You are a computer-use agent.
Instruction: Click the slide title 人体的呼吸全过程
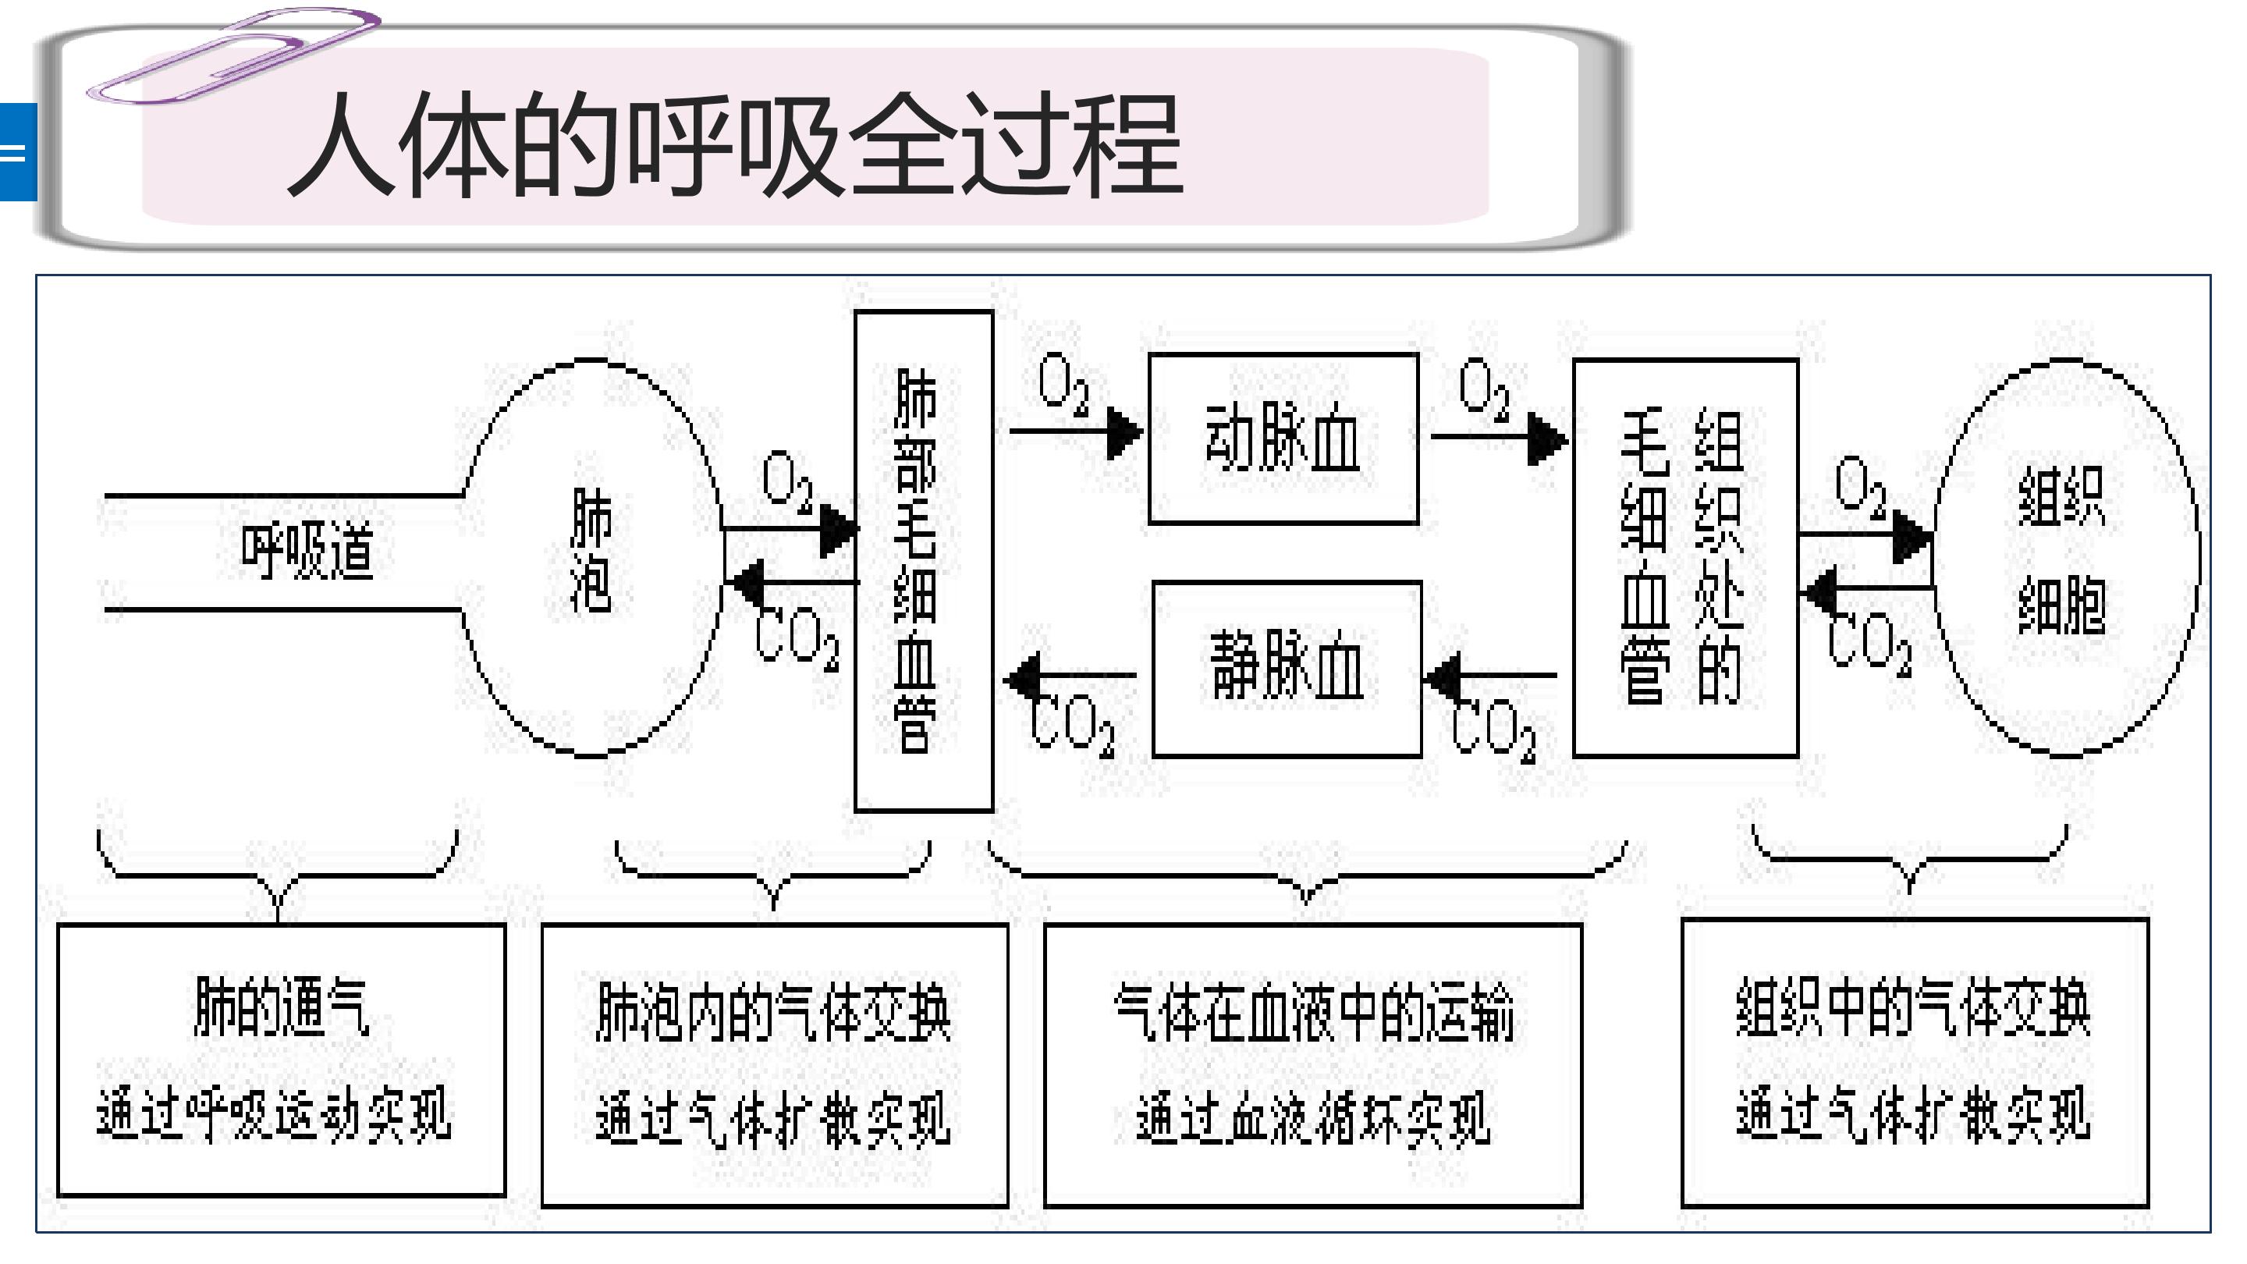(x=734, y=146)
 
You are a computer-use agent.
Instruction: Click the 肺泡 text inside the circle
(x=591, y=549)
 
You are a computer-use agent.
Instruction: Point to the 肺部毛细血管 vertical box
(x=923, y=561)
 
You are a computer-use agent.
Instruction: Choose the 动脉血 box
(x=1282, y=438)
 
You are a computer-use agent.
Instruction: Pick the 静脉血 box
(x=1287, y=667)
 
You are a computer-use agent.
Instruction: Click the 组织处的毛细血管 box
(x=1684, y=559)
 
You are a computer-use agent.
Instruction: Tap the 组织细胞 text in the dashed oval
(x=2062, y=549)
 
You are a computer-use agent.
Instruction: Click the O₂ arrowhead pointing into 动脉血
(x=1123, y=431)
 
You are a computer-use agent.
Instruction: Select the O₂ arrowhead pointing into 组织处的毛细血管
(x=1546, y=438)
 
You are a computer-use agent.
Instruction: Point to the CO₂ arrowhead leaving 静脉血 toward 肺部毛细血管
(x=1022, y=676)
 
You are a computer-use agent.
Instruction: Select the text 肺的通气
(x=281, y=1007)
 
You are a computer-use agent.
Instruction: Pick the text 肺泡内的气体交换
(x=773, y=1012)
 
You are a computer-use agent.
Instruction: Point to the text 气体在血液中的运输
(x=1313, y=1012)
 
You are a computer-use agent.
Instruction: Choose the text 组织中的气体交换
(x=1913, y=1007)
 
